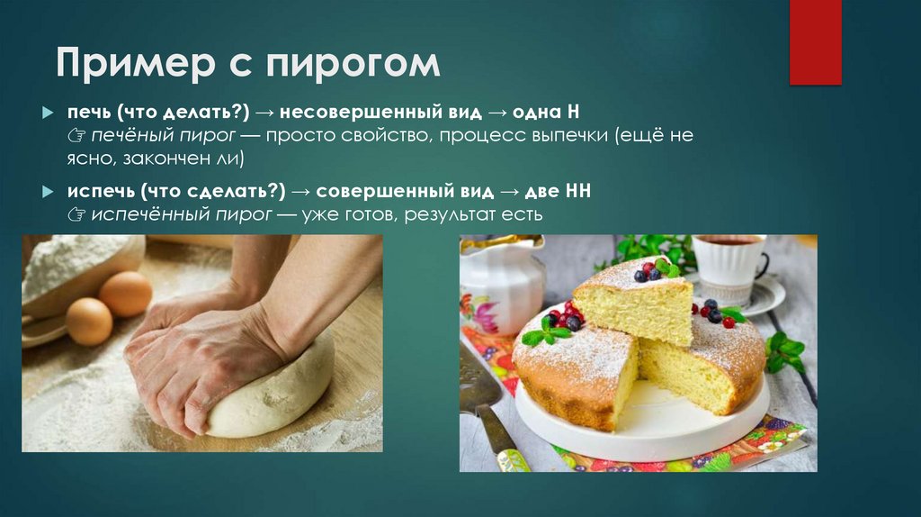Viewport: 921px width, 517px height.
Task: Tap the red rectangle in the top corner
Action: tap(815, 42)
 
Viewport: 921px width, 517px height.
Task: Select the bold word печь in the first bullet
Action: tap(85, 113)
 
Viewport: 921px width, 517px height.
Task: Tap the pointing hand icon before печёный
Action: tap(75, 136)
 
